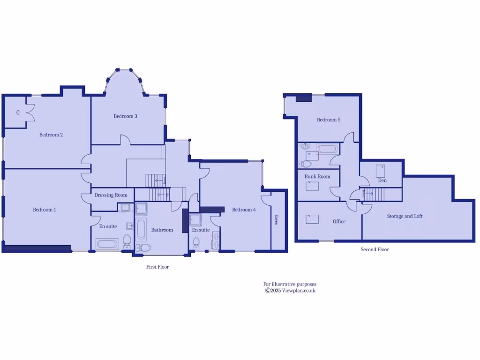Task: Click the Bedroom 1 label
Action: [x=44, y=210]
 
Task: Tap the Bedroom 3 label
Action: [x=125, y=116]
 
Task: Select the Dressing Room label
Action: [x=111, y=195]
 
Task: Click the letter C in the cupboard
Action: [x=18, y=112]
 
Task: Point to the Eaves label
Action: [x=276, y=219]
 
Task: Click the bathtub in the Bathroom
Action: [x=141, y=230]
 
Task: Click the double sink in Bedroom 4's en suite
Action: [x=215, y=240]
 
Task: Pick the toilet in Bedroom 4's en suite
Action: [x=196, y=242]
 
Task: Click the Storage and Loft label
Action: [x=405, y=216]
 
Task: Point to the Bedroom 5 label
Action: [x=329, y=120]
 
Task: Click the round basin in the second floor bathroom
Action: [x=305, y=146]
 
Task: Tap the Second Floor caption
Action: [x=375, y=249]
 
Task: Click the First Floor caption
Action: [x=157, y=267]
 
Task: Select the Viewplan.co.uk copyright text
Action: [x=290, y=291]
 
